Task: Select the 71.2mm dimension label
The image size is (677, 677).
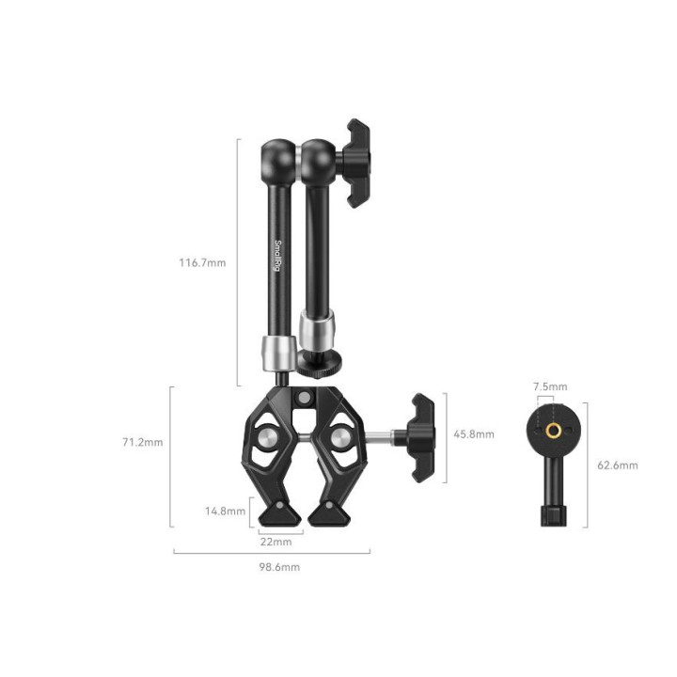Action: point(144,442)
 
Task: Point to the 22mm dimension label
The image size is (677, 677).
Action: point(276,543)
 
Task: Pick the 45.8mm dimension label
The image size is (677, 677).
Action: point(473,434)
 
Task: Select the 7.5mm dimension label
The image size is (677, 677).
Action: point(550,386)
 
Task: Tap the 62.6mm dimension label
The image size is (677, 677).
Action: point(618,465)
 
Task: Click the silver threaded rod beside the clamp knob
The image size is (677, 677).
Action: point(380,434)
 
